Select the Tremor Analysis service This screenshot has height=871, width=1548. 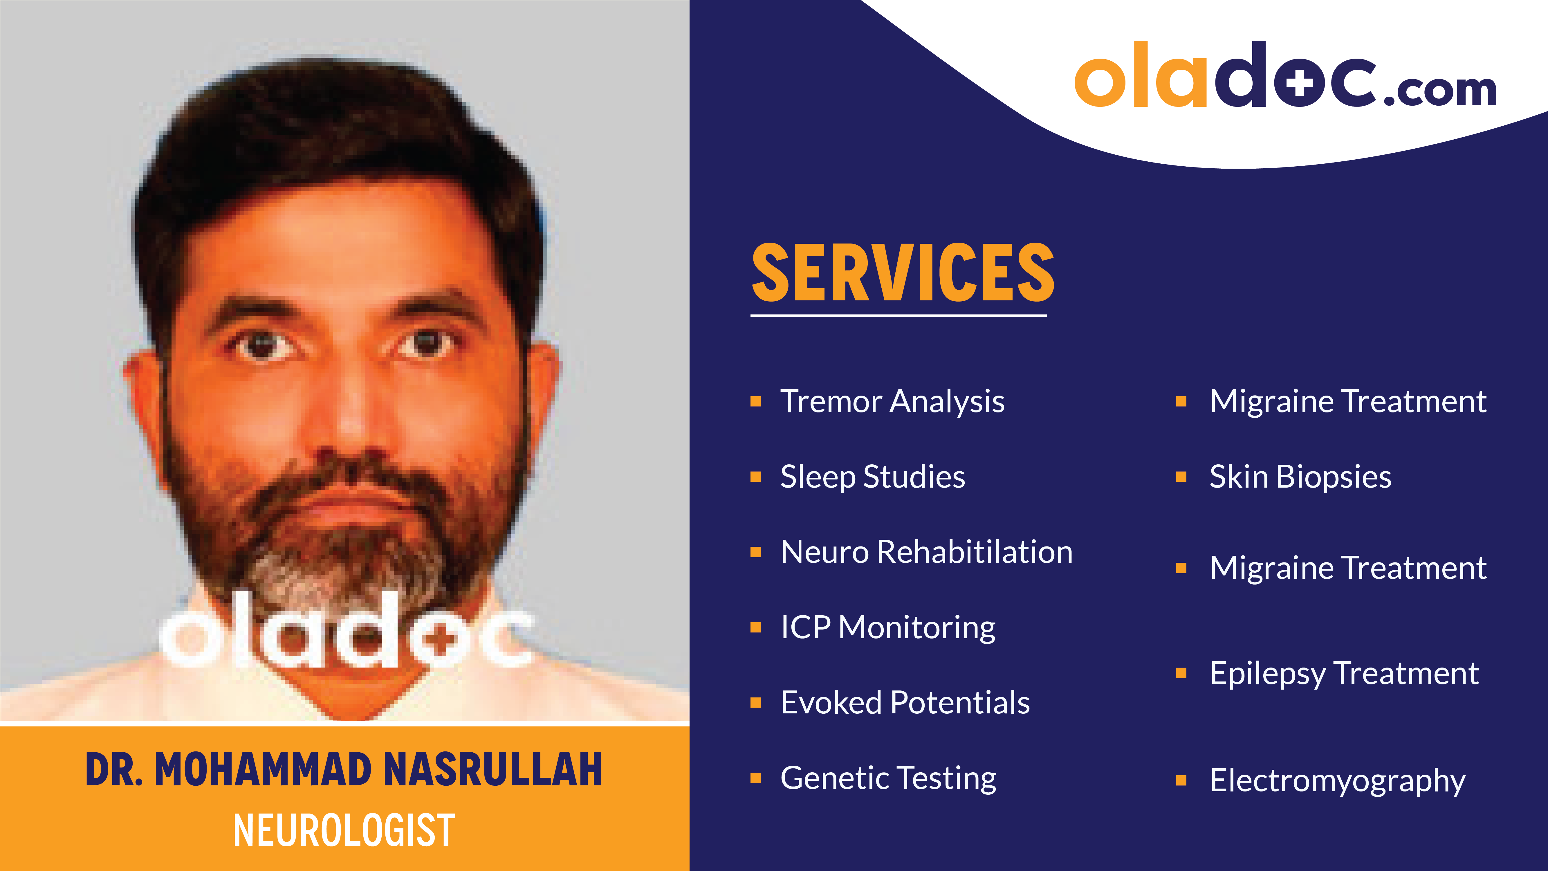click(892, 401)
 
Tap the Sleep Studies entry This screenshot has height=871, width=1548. click(873, 477)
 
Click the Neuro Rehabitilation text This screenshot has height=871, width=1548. click(926, 552)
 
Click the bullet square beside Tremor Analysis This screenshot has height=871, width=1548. click(756, 401)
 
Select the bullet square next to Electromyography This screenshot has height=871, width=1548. click(1181, 780)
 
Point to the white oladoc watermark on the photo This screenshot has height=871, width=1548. click(346, 631)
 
